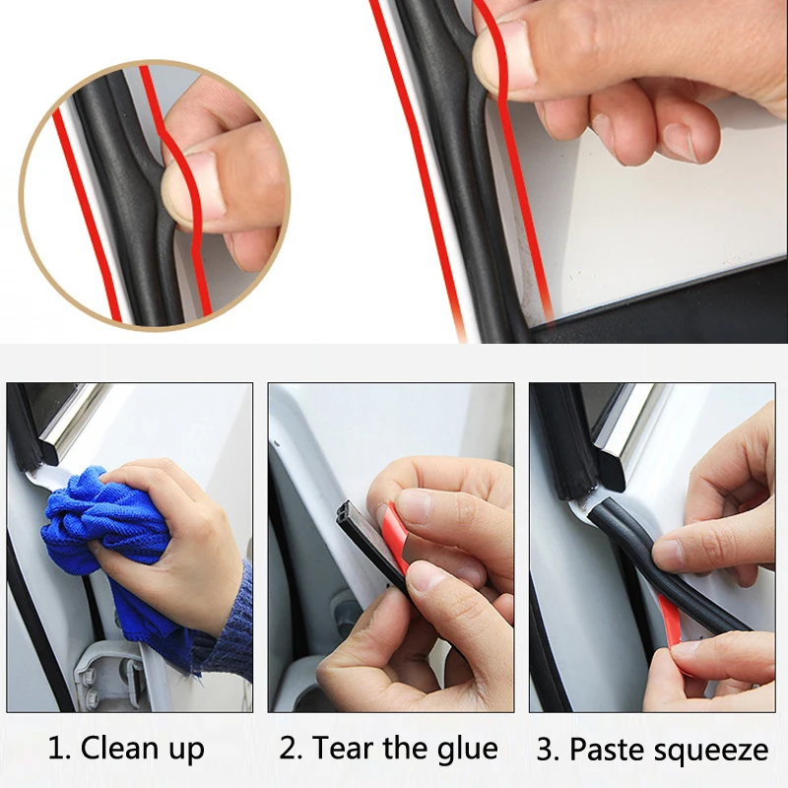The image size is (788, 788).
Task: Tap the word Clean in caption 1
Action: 119,749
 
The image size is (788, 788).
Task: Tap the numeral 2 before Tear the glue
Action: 289,749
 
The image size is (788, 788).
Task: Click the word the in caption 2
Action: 404,749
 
